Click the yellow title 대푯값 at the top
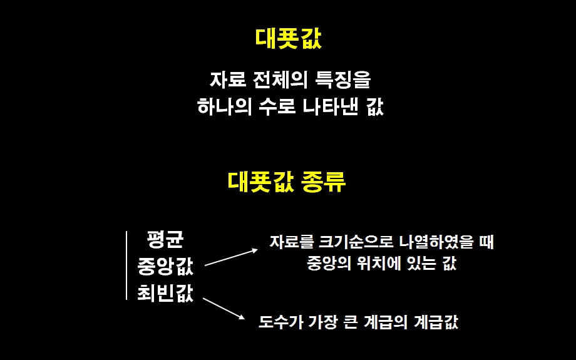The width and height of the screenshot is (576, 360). [x=289, y=39]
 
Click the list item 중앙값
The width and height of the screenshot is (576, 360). [x=165, y=267]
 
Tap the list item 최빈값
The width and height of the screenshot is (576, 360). [x=165, y=293]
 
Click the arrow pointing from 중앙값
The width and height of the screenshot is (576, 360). [x=231, y=257]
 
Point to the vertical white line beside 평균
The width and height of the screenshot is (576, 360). [x=127, y=265]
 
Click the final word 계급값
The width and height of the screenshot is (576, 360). [x=436, y=324]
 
